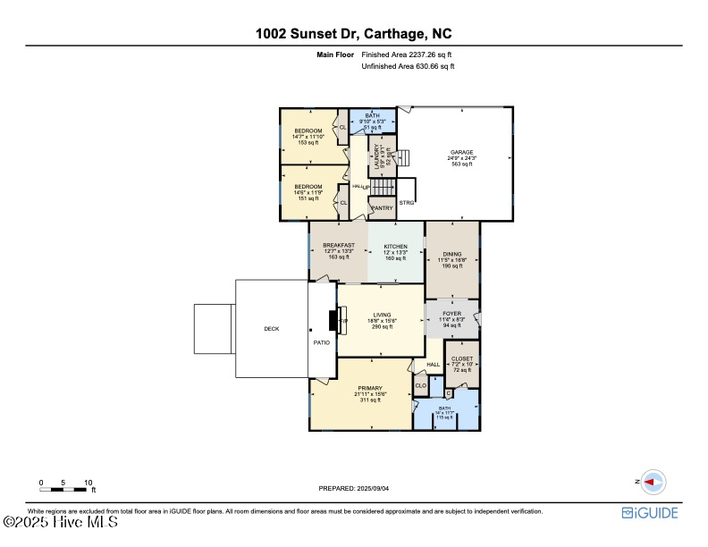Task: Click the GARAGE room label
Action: [461, 153]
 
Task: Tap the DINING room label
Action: [452, 254]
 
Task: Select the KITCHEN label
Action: [396, 247]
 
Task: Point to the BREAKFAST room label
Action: [339, 245]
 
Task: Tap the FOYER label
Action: [452, 314]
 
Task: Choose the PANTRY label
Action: [382, 208]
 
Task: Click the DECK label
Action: [272, 329]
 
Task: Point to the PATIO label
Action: [321, 342]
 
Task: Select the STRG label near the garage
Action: [409, 203]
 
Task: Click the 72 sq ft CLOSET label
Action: [462, 358]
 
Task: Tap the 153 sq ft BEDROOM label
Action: [308, 131]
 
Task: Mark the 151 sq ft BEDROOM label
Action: [308, 187]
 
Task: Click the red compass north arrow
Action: [653, 482]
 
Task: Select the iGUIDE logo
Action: [650, 512]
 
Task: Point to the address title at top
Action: [354, 35]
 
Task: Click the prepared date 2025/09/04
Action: [354, 488]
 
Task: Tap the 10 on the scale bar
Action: [88, 483]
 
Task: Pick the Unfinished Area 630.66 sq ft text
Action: [408, 66]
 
